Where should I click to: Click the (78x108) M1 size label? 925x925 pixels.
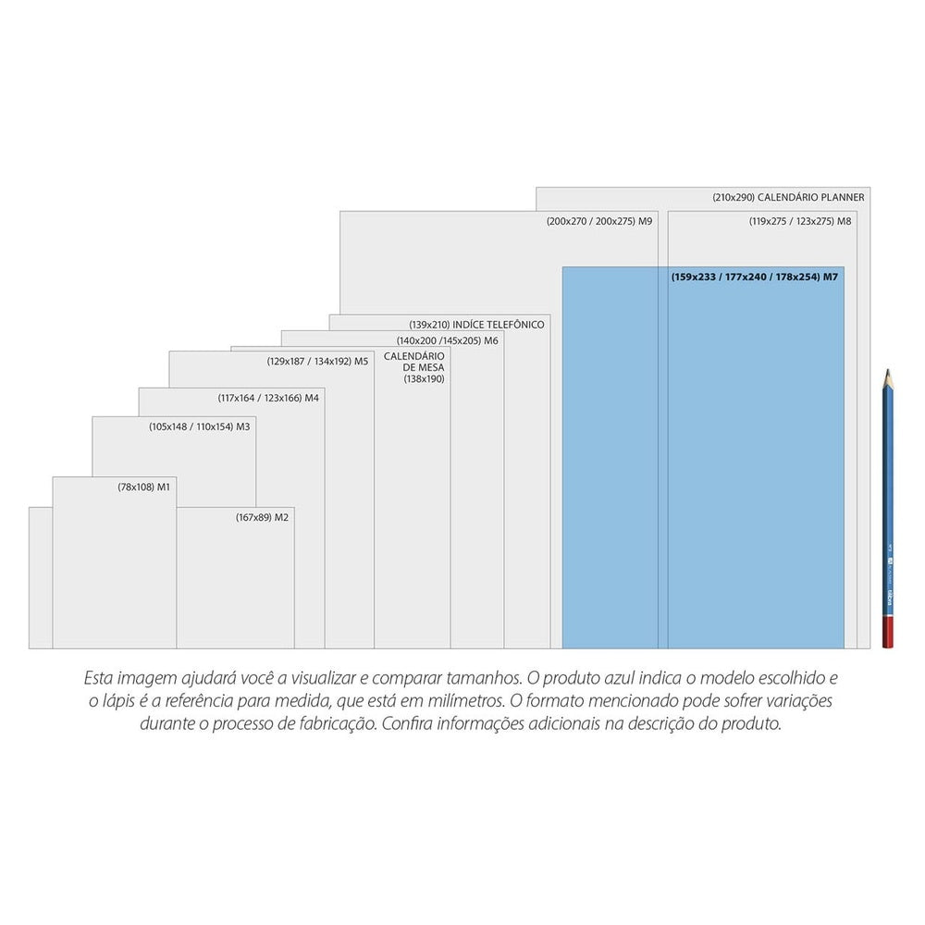143,487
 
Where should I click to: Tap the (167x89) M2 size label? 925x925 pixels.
262,517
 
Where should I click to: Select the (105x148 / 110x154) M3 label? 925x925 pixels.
200,426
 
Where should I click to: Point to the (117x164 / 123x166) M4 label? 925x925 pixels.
268,398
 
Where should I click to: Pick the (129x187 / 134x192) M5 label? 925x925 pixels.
317,361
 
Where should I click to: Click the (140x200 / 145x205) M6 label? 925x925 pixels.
447,340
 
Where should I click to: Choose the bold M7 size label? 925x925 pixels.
755,277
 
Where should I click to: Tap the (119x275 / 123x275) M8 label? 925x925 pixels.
800,221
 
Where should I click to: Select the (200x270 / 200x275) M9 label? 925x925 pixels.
599,221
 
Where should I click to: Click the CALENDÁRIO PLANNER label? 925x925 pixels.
810,197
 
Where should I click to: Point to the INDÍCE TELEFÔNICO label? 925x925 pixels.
499,325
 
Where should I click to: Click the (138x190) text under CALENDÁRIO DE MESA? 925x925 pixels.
425,378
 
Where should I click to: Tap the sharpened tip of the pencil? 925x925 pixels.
887,371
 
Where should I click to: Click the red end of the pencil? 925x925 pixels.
888,632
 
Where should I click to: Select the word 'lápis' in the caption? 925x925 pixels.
118,701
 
